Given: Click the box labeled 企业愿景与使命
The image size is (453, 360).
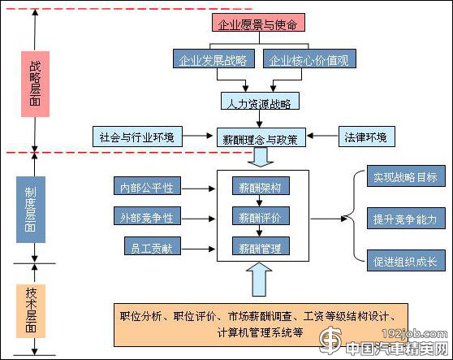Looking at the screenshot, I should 256,24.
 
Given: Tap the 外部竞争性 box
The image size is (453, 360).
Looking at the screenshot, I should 147,217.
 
